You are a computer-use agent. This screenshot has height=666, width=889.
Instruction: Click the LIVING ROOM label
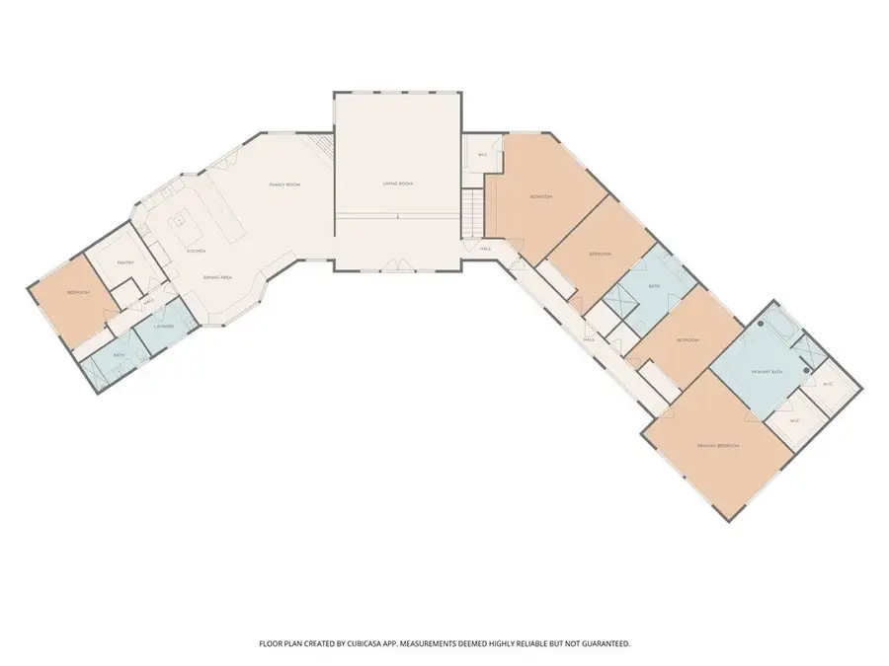coord(397,185)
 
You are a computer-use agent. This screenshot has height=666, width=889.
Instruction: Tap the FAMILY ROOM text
coord(285,185)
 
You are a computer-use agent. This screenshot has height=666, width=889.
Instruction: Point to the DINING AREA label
coord(217,278)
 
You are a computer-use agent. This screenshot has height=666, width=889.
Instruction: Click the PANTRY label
coord(125,262)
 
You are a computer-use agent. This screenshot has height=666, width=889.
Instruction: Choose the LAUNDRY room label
coord(164,325)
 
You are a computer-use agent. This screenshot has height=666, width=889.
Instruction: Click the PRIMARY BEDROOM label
coord(718,446)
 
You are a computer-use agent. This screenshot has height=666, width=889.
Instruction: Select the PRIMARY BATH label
coord(767,372)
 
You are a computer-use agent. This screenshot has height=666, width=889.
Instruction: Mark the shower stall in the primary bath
coord(810,351)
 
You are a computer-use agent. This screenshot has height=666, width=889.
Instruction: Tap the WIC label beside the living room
coord(483,155)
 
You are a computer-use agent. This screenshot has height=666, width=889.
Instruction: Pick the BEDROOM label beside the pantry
coord(79,293)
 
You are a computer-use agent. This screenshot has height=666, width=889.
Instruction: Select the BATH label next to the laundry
coord(118,355)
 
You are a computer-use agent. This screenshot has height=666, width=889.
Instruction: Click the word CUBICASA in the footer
coord(380,643)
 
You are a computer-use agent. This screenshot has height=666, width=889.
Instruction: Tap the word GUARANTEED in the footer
coord(603,643)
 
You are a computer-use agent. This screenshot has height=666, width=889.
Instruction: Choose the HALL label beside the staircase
coord(485,249)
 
